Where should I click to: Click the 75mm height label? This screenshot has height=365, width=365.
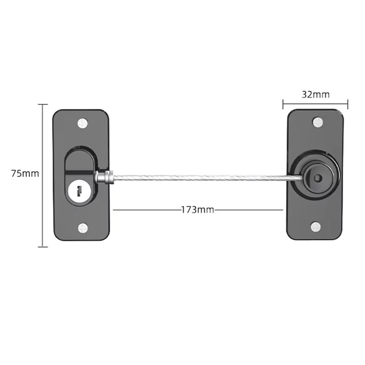[x=25, y=173]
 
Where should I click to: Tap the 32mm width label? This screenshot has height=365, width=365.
[x=315, y=94]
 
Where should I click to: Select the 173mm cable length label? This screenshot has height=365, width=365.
[x=198, y=210]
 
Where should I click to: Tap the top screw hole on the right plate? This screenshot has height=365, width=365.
[x=317, y=122]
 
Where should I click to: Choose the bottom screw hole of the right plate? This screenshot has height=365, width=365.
[x=316, y=227]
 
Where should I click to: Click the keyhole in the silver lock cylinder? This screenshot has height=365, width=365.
[x=80, y=189]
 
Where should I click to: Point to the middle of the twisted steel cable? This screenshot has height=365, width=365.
[x=201, y=177]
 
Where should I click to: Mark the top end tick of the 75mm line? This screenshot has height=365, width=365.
[x=42, y=104]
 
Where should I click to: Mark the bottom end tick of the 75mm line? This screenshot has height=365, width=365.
[x=42, y=247]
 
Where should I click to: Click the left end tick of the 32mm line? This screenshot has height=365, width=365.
[x=283, y=104]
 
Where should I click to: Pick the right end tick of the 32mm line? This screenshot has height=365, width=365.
[x=348, y=104]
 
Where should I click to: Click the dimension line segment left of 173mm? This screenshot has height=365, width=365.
[x=146, y=210]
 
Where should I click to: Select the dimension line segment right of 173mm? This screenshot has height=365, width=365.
[x=249, y=210]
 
